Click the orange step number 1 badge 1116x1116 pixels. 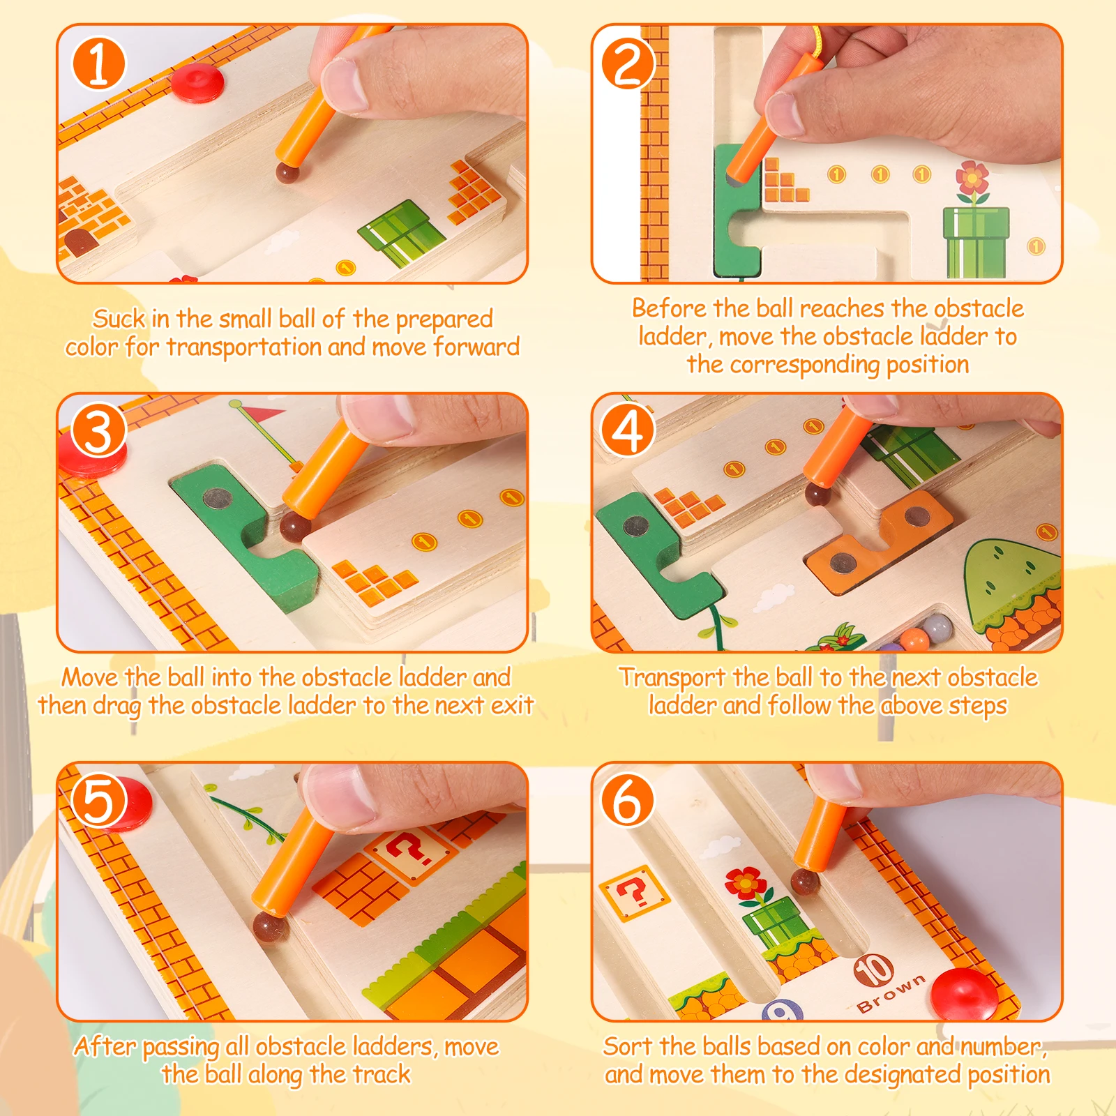pyautogui.click(x=99, y=63)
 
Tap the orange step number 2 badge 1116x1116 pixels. pyautogui.click(x=628, y=63)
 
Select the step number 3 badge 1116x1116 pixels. pyautogui.click(x=99, y=431)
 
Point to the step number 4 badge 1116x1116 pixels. pyautogui.click(x=628, y=431)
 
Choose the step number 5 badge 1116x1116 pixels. pyautogui.click(x=99, y=800)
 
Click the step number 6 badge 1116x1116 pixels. pyautogui.click(x=628, y=800)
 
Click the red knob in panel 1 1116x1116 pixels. pyautogui.click(x=197, y=82)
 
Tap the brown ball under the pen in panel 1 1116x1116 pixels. pyautogui.click(x=287, y=172)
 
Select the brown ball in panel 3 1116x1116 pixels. pyautogui.click(x=295, y=527)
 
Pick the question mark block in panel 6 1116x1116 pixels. pyautogui.click(x=634, y=893)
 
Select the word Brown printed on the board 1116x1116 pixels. pyautogui.click(x=891, y=994)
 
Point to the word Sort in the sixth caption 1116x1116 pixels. pyautogui.click(x=628, y=1046)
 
